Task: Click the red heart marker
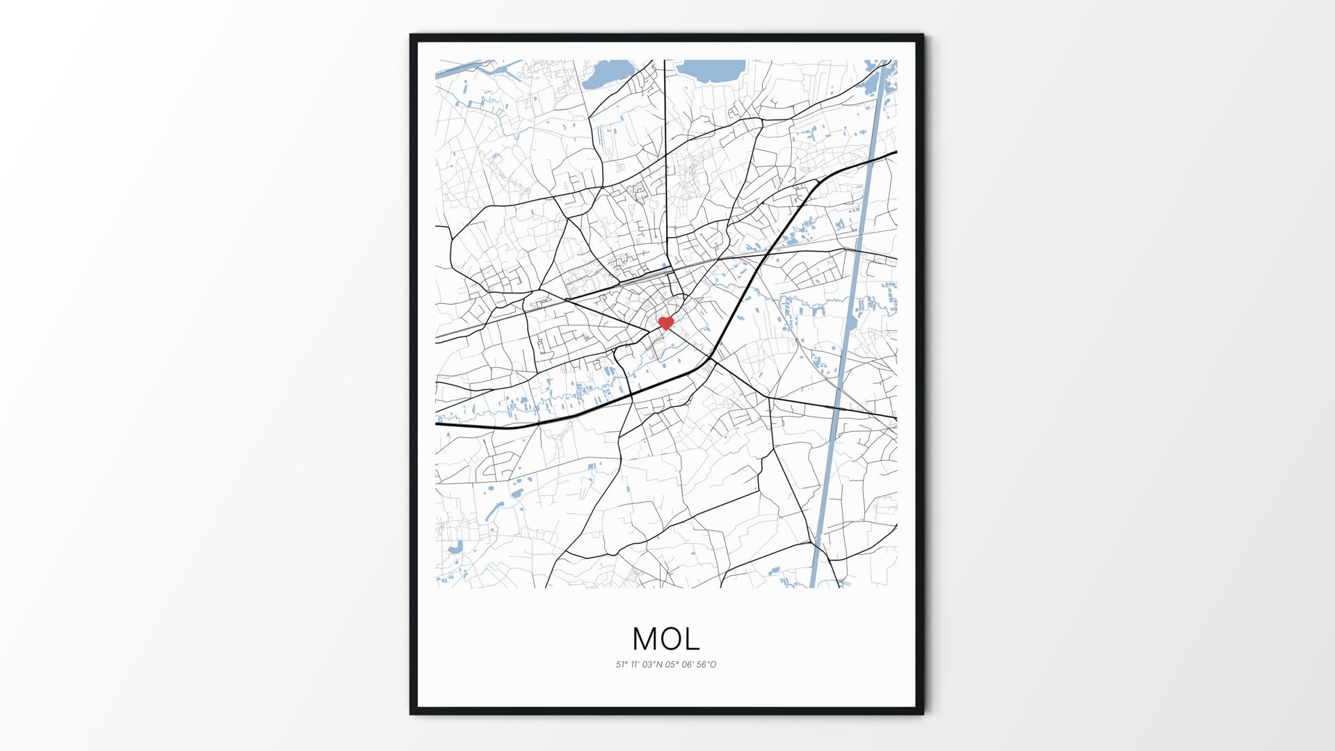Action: click(x=666, y=323)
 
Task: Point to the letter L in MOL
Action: click(x=691, y=638)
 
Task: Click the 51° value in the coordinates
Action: click(x=622, y=665)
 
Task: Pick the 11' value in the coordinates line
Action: click(x=636, y=665)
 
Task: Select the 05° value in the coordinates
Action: click(x=672, y=665)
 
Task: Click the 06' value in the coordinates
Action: click(x=687, y=665)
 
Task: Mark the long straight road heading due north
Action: click(x=665, y=153)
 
